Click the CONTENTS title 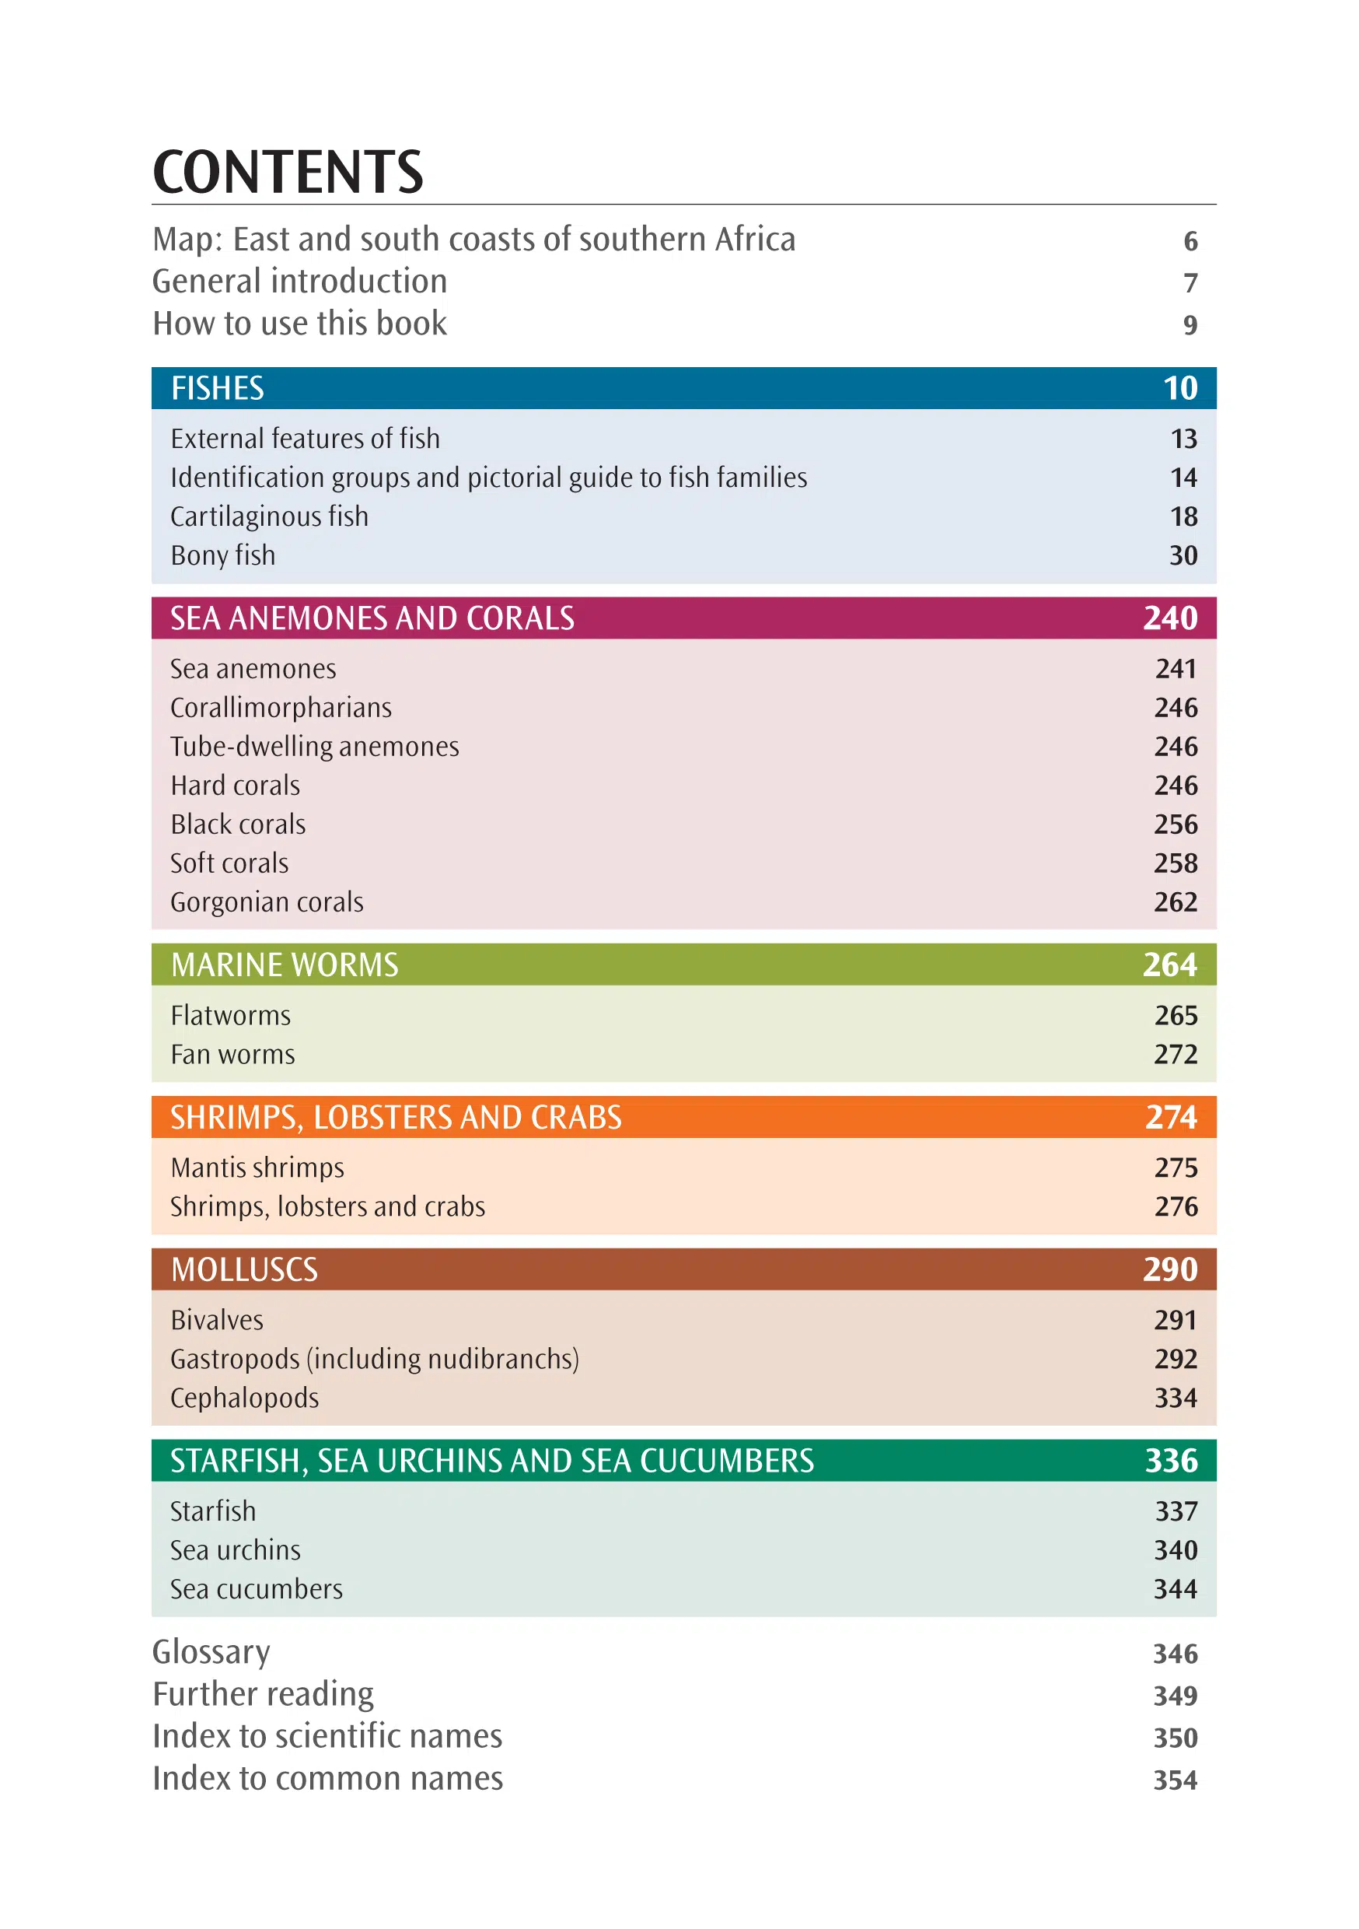[x=288, y=172]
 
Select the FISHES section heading [x=218, y=388]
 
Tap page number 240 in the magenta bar [x=1170, y=618]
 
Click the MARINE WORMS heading [x=285, y=964]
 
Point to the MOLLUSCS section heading [x=244, y=1269]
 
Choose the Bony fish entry [x=222, y=555]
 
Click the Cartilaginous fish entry [x=270, y=516]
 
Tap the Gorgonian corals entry [x=267, y=902]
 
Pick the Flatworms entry [x=231, y=1016]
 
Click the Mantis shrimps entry [x=258, y=1168]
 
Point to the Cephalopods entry [x=244, y=1398]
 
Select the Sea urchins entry [x=235, y=1550]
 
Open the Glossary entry [x=211, y=1653]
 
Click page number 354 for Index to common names [x=1175, y=1780]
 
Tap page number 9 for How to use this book [x=1190, y=325]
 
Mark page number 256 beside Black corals [x=1176, y=824]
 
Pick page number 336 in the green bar [x=1172, y=1461]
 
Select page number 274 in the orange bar [x=1172, y=1118]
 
